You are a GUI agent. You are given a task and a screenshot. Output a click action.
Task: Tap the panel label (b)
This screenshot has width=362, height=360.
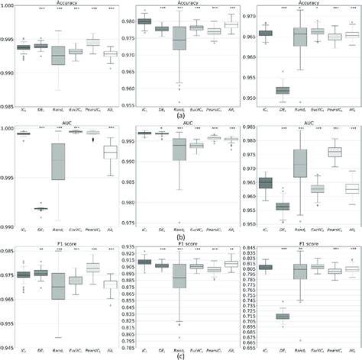tap(180, 236)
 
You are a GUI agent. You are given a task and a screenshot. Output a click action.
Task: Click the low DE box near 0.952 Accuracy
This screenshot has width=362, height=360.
tap(283, 90)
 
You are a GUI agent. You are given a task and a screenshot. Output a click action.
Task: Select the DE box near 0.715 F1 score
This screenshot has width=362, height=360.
tap(283, 316)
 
